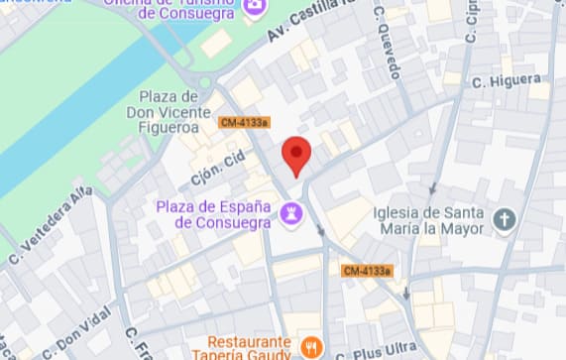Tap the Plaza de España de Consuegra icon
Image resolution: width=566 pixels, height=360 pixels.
click(292, 212)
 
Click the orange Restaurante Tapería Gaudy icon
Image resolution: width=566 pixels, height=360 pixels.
click(312, 347)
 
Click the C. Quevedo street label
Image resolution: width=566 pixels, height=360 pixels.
click(388, 42)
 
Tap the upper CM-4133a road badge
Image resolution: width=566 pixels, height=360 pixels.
click(244, 123)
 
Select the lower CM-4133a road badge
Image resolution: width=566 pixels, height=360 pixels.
click(367, 270)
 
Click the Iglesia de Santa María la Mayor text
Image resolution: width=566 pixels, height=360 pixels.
click(428, 221)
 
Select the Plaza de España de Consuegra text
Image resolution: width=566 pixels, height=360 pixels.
click(214, 213)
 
